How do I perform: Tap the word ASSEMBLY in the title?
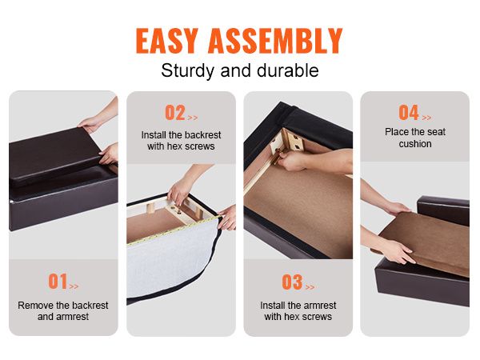click(x=275, y=41)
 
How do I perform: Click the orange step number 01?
click(x=58, y=282)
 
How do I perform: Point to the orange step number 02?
click(x=175, y=112)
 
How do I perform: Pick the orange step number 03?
click(x=292, y=282)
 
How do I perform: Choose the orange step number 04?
click(x=409, y=113)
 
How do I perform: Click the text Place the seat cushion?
click(x=415, y=138)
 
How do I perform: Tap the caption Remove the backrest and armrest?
click(x=63, y=310)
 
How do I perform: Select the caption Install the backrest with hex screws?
click(x=181, y=141)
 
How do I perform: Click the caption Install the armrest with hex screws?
click(x=298, y=310)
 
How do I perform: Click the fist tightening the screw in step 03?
click(x=291, y=162)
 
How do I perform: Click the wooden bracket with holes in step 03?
click(x=293, y=141)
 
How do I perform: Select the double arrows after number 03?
click(x=310, y=287)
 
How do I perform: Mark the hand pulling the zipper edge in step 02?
click(x=228, y=218)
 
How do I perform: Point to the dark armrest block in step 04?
click(x=443, y=210)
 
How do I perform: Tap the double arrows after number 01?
click(x=74, y=286)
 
